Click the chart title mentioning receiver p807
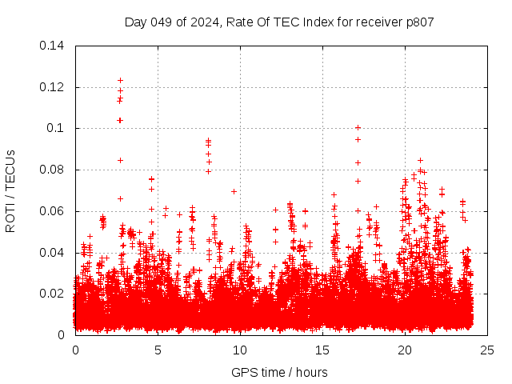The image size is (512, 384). coord(279,22)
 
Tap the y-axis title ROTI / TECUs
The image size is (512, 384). coord(10,190)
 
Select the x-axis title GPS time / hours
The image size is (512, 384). coord(279,372)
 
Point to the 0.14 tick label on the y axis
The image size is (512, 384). coord(53,45)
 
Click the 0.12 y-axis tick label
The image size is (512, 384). coord(53,86)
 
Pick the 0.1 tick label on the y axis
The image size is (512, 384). coord(58,128)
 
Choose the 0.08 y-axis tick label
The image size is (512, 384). coord(53,170)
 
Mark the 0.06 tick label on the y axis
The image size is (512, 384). coord(53,211)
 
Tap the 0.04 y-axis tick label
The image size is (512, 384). coord(53,253)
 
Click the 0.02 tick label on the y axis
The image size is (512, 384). coord(53,294)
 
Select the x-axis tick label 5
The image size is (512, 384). coord(158,350)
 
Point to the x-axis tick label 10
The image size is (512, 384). coord(240,350)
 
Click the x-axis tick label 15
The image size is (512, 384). coord(322,350)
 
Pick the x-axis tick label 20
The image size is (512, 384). coord(405,350)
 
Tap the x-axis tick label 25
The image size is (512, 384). coord(487,350)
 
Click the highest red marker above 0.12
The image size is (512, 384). coord(120,80)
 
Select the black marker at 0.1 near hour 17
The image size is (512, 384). coord(358,127)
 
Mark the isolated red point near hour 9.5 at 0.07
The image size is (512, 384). coord(234,191)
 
